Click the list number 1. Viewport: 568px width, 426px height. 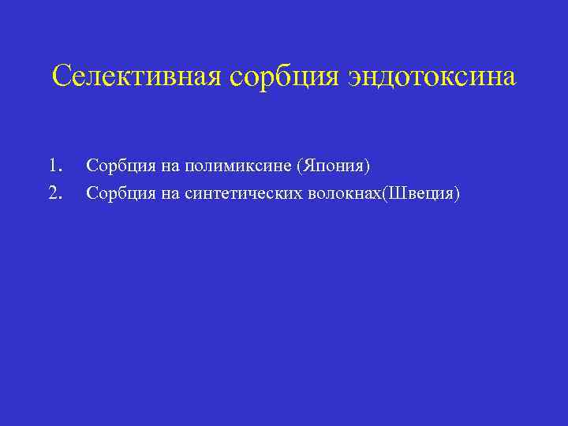point(54,166)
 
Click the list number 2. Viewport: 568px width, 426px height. point(54,192)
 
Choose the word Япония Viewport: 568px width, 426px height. point(332,166)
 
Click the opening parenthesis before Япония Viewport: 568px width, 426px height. point(298,166)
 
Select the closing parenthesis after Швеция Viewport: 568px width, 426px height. point(456,192)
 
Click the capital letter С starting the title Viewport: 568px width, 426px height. point(61,77)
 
